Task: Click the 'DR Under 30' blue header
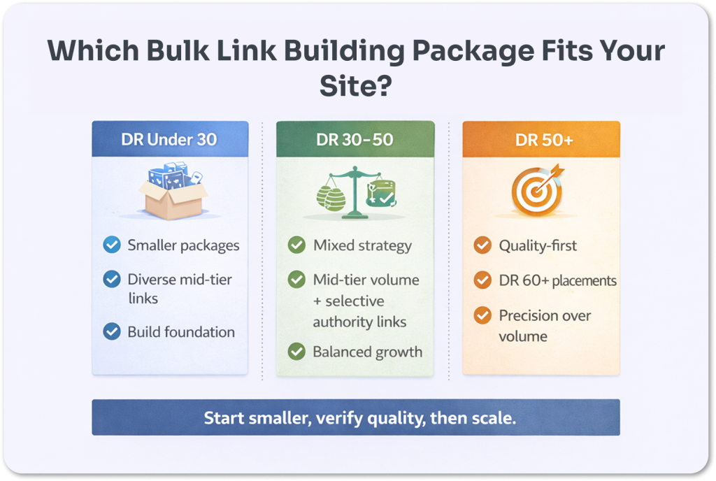pos(169,139)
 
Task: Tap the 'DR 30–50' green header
pos(355,139)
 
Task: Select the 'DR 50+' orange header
pos(540,139)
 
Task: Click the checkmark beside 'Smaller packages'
pos(111,245)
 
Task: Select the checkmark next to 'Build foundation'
pos(111,331)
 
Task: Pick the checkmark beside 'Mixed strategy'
pos(296,245)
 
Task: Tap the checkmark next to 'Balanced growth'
pos(296,352)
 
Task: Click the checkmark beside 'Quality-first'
pos(482,245)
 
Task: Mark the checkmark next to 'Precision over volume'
pos(482,315)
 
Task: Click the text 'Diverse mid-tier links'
pos(179,289)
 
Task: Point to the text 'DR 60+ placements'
pos(557,281)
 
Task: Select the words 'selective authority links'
pos(359,312)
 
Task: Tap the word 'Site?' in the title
pos(355,87)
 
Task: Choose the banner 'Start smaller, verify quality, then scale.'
pos(356,417)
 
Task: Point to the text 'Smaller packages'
pos(183,245)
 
